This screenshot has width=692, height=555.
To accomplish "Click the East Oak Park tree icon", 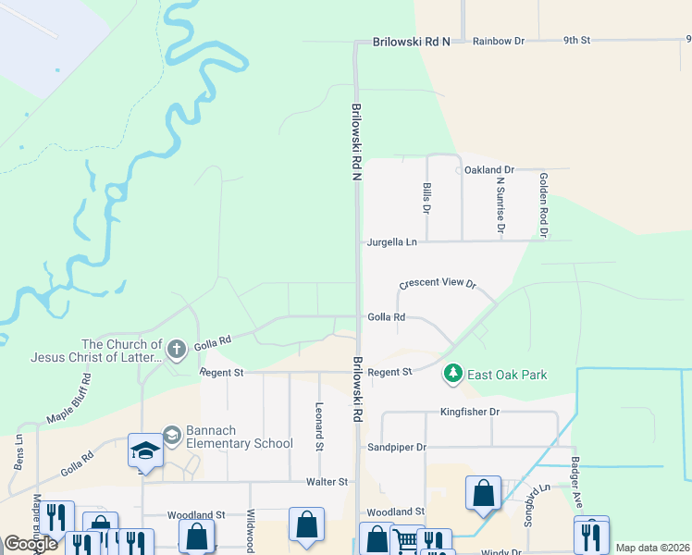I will pyautogui.click(x=452, y=374).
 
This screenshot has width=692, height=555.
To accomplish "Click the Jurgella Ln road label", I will pyautogui.click(x=392, y=242).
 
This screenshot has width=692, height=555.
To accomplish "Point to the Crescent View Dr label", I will pyautogui.click(x=437, y=284).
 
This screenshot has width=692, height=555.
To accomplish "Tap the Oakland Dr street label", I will pyautogui.click(x=488, y=170).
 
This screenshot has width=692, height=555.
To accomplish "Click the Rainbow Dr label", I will pyautogui.click(x=498, y=42).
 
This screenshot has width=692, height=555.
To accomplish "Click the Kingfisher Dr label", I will pyautogui.click(x=469, y=411).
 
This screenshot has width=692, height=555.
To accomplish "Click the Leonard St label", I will pyautogui.click(x=319, y=425).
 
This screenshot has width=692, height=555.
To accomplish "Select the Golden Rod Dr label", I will pyautogui.click(x=544, y=205).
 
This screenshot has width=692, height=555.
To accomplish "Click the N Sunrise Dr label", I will pyautogui.click(x=500, y=206).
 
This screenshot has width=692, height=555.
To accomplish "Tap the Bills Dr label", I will pyautogui.click(x=427, y=199).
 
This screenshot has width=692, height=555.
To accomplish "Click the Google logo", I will pyautogui.click(x=31, y=544).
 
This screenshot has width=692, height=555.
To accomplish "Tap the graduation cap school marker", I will pyautogui.click(x=145, y=450).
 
